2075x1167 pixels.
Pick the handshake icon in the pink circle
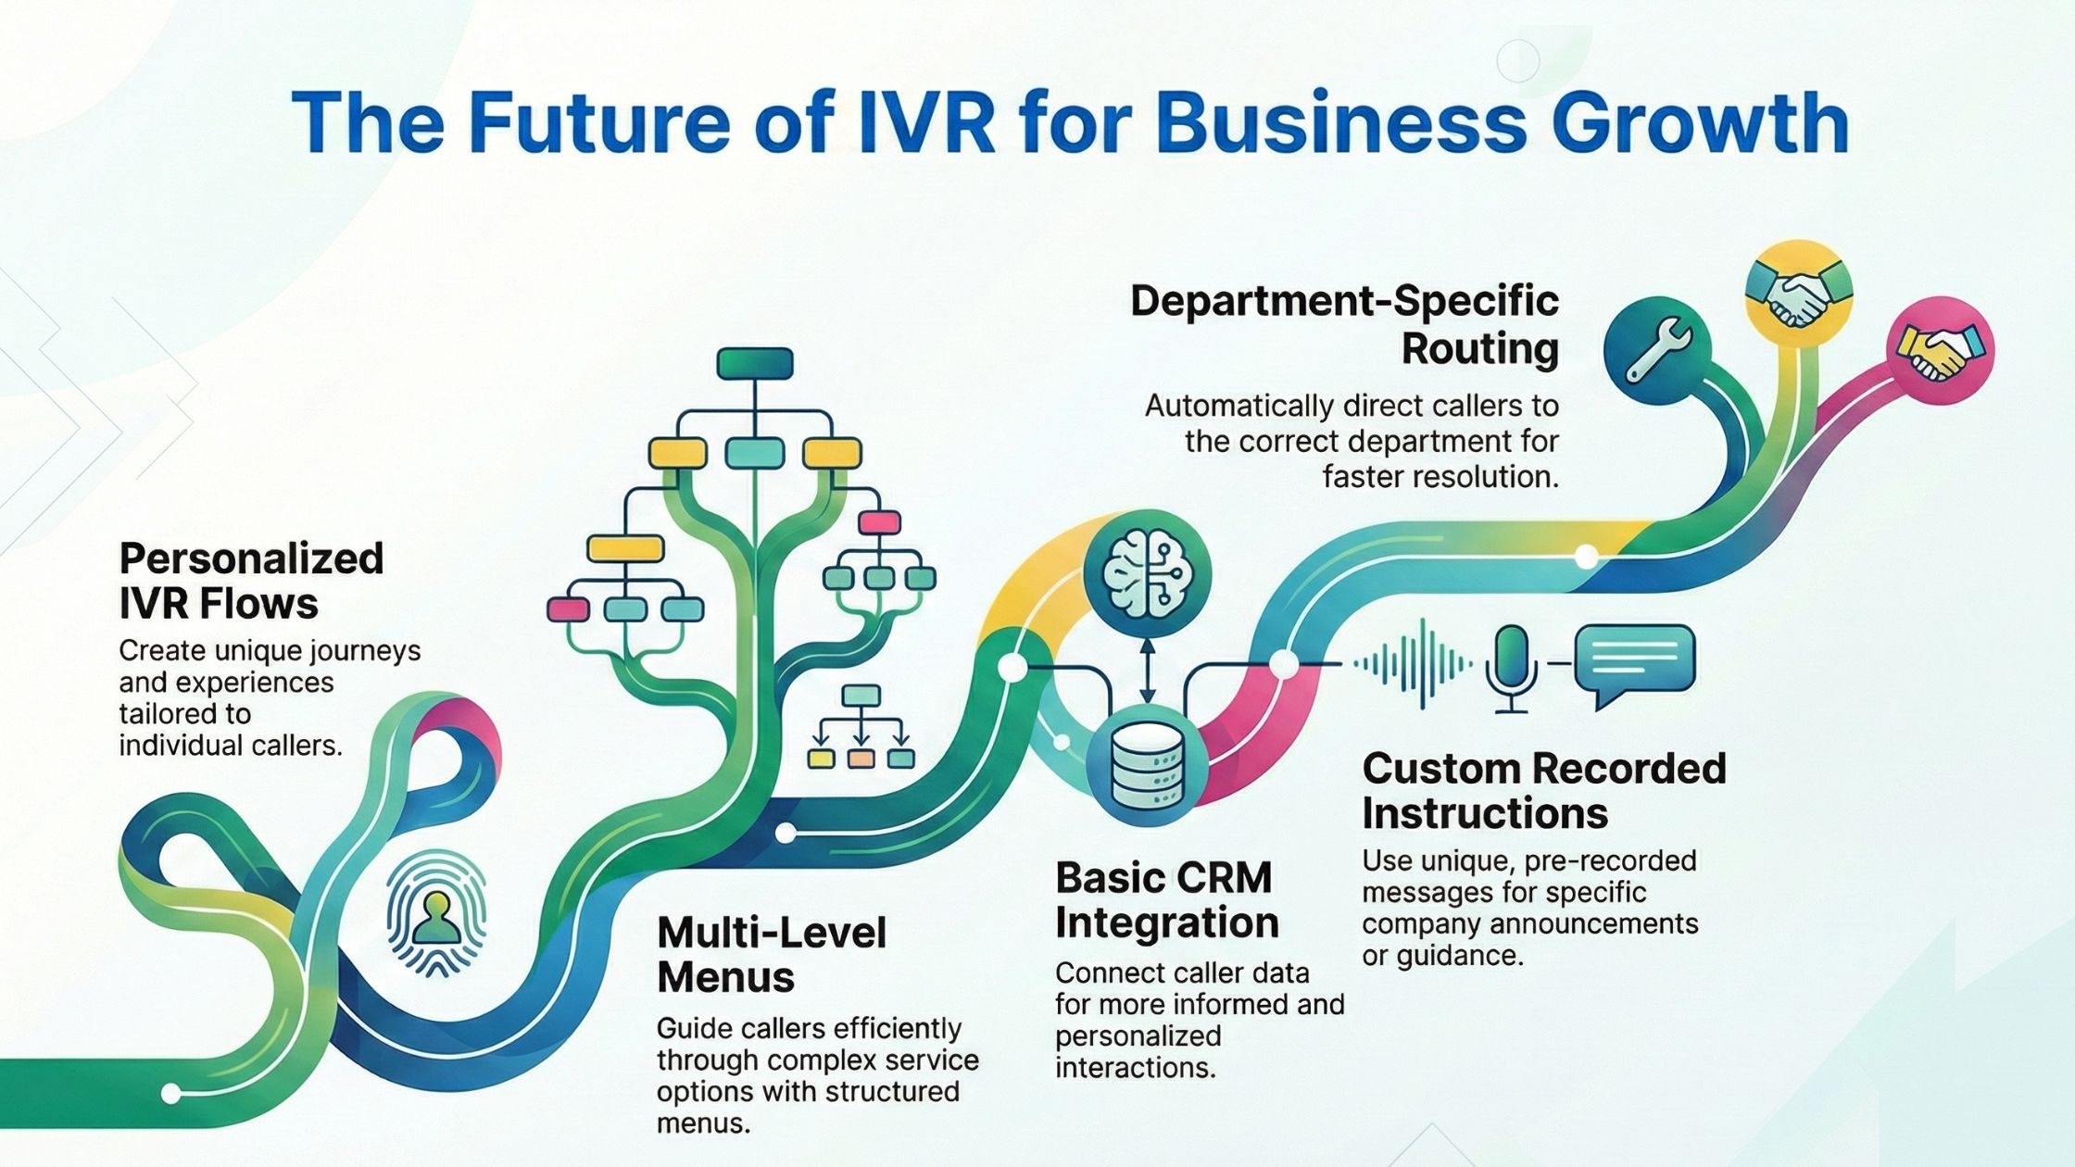pyautogui.click(x=1939, y=350)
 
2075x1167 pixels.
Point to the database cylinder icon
pyautogui.click(x=1147, y=765)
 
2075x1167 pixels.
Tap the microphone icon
pyautogui.click(x=1511, y=667)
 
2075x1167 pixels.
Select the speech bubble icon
pyautogui.click(x=1634, y=663)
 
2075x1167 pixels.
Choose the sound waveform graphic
pyautogui.click(x=1412, y=663)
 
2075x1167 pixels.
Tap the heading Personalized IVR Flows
pyautogui.click(x=251, y=581)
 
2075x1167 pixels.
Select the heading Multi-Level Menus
pyautogui.click(x=771, y=954)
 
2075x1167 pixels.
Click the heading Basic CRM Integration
pyautogui.click(x=1166, y=899)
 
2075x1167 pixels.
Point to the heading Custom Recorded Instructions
pyautogui.click(x=1544, y=790)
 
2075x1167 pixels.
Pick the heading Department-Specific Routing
pyautogui.click(x=1345, y=325)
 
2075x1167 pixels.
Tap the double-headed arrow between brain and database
pyautogui.click(x=1147, y=670)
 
